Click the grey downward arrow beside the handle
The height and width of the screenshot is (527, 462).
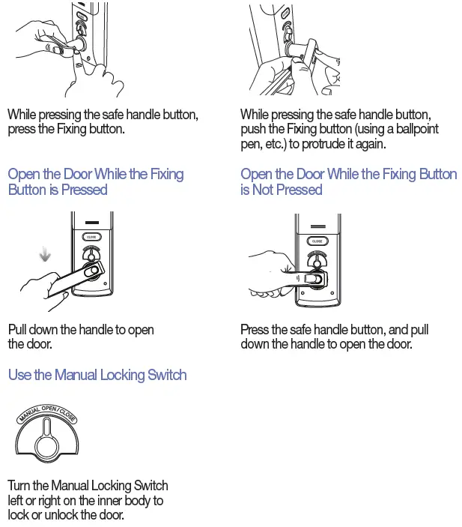tap(45, 256)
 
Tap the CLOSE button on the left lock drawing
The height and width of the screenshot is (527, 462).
tap(91, 236)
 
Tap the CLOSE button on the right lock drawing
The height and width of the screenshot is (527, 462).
tap(317, 241)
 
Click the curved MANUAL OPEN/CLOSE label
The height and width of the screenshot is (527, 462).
tap(47, 415)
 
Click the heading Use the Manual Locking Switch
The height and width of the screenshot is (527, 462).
tap(97, 375)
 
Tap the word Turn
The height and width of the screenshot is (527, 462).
tap(20, 485)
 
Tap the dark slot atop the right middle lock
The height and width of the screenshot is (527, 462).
tap(317, 227)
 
